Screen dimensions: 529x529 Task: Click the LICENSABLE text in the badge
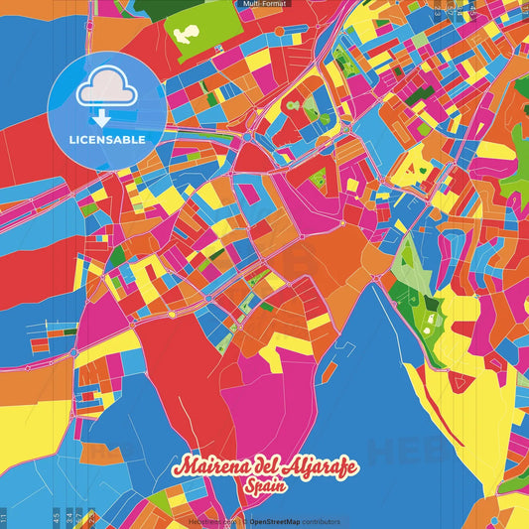pyautogui.click(x=106, y=140)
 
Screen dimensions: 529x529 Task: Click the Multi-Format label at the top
pyautogui.click(x=264, y=4)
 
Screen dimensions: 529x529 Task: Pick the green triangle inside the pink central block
pyautogui.click(x=318, y=180)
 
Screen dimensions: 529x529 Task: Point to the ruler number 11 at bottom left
pyautogui.click(x=4, y=518)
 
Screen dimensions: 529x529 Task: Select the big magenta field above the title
pyautogui.click(x=253, y=397)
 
